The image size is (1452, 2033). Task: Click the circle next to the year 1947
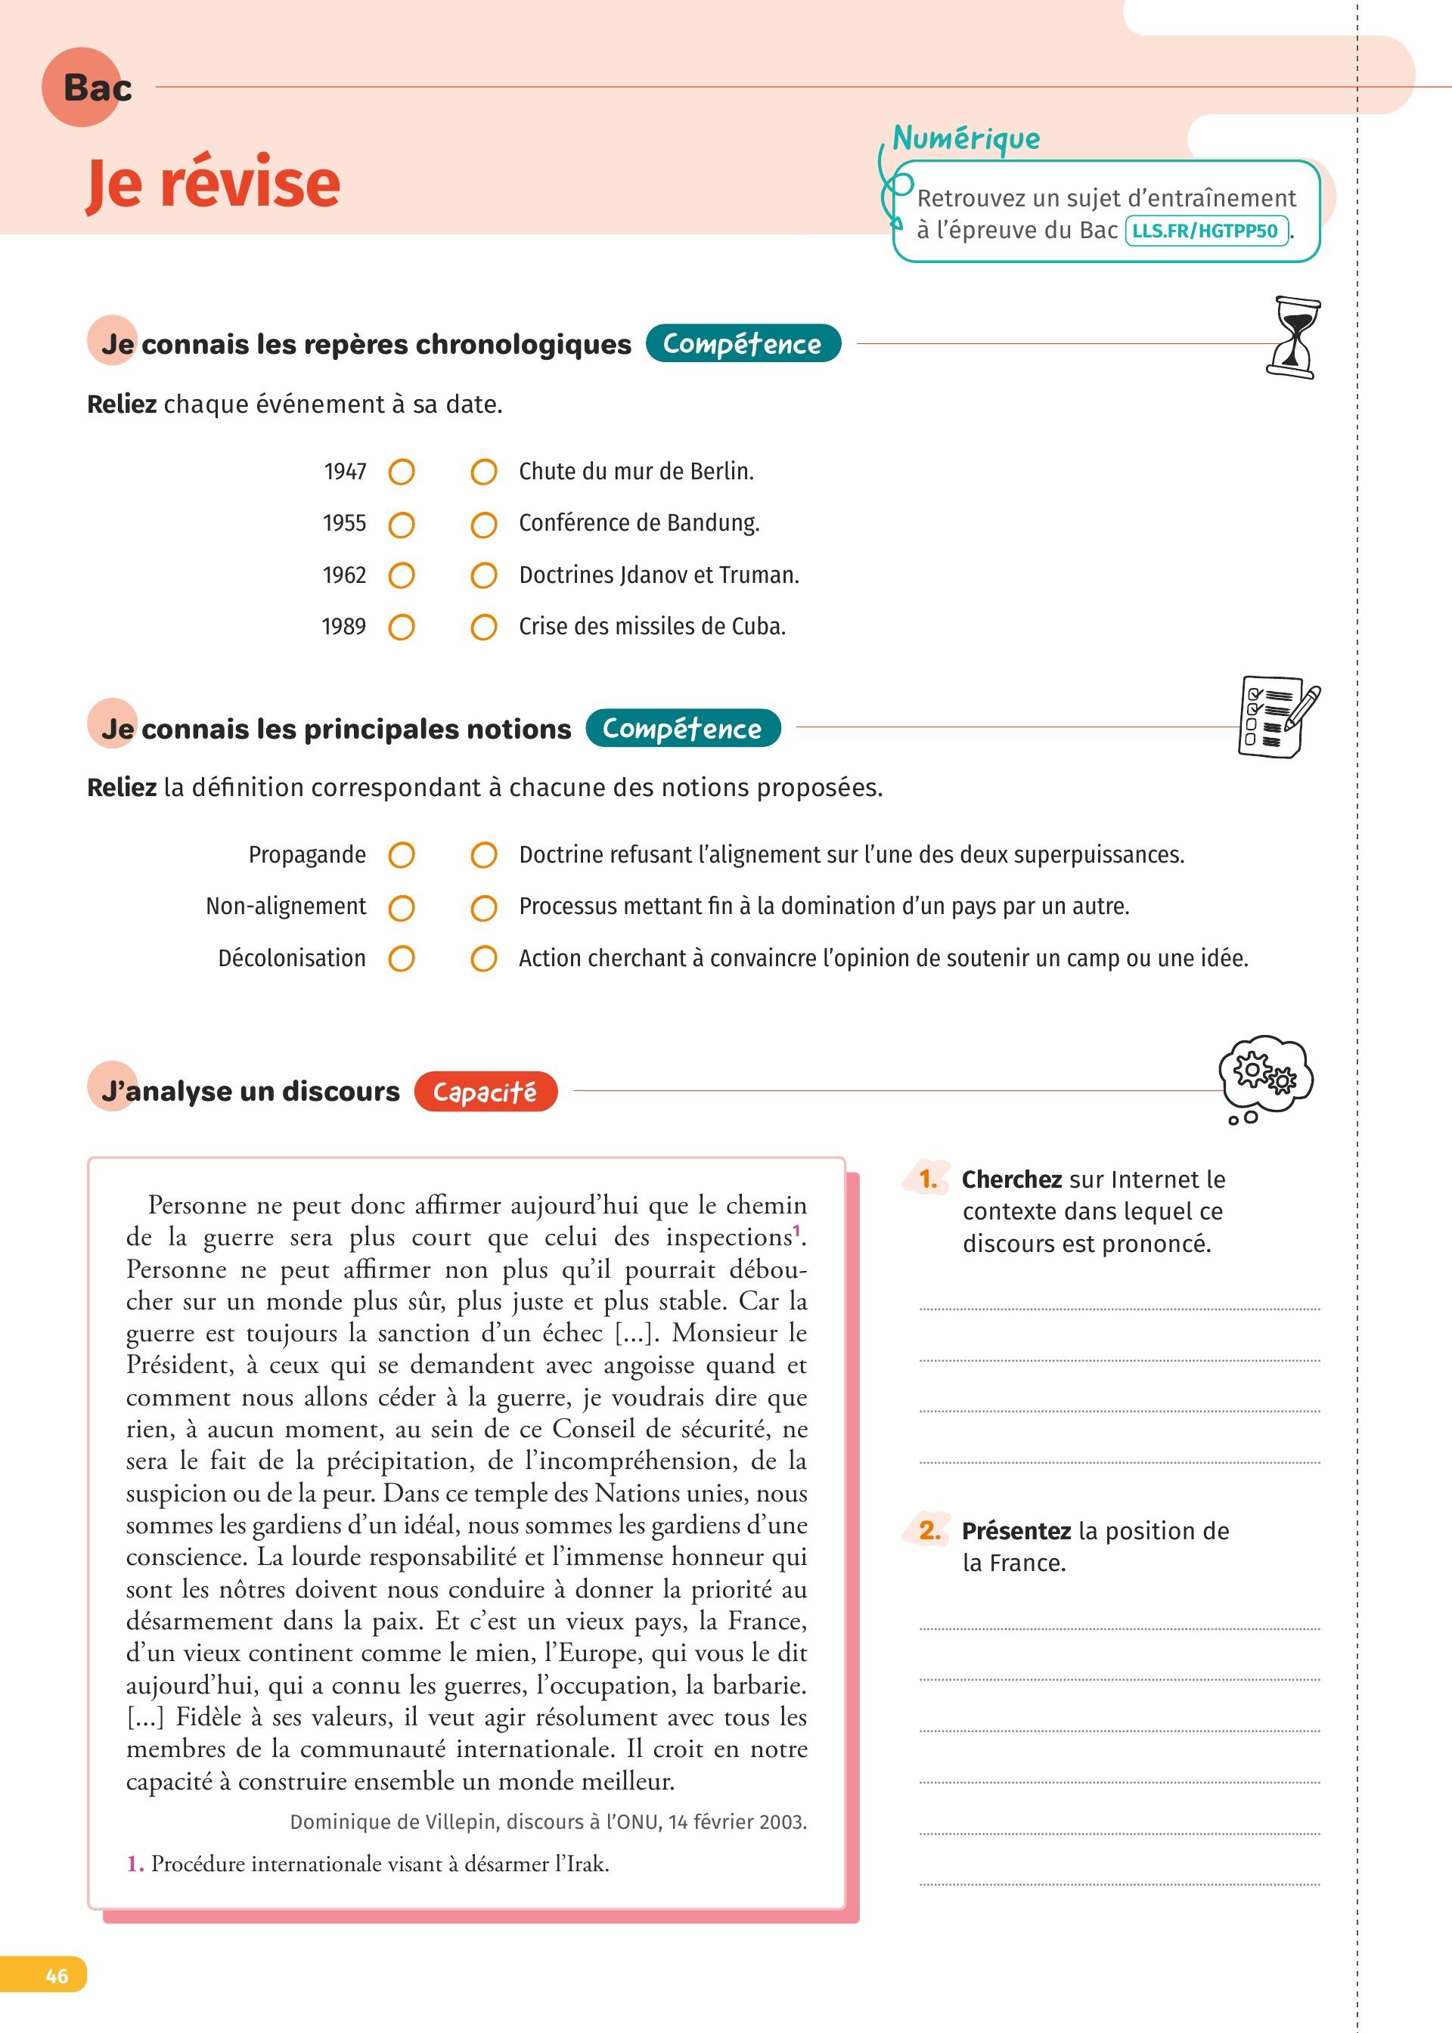click(402, 472)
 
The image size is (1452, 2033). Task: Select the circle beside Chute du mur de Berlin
click(484, 472)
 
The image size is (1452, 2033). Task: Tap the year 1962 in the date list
click(344, 575)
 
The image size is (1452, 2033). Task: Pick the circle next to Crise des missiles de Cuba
click(484, 628)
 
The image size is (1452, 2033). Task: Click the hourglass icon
click(1294, 338)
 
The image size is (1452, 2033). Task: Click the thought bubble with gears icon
click(1265, 1077)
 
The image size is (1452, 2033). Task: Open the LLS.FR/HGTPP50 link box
click(1205, 231)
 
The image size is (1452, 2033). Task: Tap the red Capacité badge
click(485, 1091)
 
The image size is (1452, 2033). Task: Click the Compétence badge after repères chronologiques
click(742, 344)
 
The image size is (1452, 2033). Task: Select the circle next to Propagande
click(402, 855)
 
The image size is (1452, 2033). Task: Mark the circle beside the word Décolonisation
click(402, 959)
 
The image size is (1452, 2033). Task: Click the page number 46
click(56, 1976)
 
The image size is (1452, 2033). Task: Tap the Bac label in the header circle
click(97, 88)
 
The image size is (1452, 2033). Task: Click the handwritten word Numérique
click(966, 138)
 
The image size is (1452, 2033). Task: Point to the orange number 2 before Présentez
click(930, 1531)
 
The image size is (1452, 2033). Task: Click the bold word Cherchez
click(1011, 1179)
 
